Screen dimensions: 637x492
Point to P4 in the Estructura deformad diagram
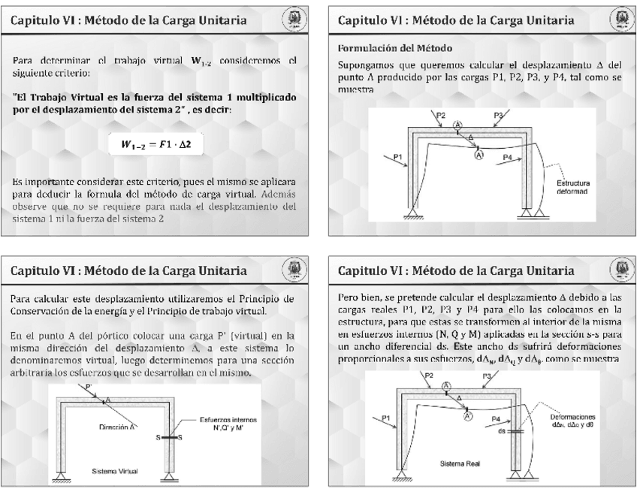(x=509, y=157)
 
